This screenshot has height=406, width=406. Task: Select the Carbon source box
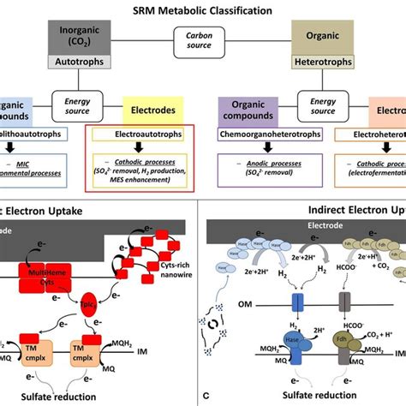click(202, 41)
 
